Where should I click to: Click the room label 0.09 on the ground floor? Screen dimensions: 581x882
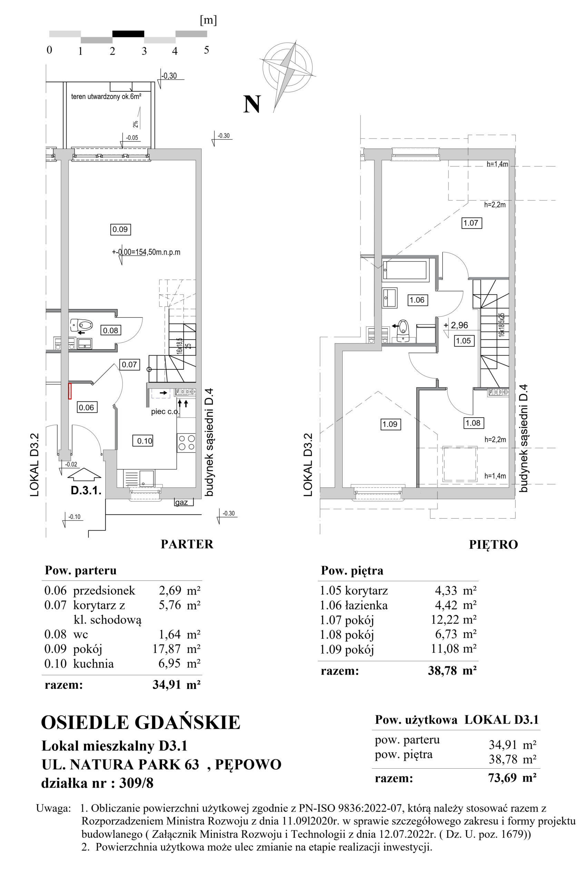120,229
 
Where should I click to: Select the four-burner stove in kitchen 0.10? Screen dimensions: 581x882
186,442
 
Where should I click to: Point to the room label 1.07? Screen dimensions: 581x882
471,223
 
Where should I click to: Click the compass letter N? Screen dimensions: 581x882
252,104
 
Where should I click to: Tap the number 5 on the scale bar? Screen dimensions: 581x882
206,49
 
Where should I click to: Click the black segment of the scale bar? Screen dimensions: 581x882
128,34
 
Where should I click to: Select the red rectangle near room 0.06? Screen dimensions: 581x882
69,391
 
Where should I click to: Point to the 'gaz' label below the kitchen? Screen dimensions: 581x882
181,503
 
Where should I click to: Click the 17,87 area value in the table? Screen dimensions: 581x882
167,648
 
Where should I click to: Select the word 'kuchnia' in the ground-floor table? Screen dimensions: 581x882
93,663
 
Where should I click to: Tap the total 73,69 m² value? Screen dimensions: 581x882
512,777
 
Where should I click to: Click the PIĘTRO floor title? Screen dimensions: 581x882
493,544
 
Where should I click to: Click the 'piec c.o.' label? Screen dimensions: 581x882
165,411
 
